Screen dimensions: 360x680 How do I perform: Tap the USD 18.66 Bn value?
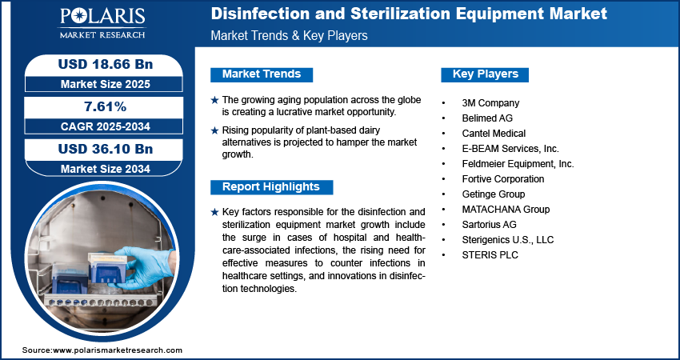(x=99, y=64)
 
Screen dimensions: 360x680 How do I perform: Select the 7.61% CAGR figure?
(x=99, y=106)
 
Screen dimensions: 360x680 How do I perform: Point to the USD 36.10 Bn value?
(x=99, y=149)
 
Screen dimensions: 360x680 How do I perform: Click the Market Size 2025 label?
(x=99, y=83)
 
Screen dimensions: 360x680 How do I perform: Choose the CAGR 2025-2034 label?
(x=99, y=126)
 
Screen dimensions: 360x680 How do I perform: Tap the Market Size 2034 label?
(x=99, y=168)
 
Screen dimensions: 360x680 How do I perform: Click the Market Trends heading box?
(x=261, y=74)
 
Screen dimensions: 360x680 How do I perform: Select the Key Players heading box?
(x=485, y=74)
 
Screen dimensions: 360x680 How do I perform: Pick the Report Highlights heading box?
(x=271, y=187)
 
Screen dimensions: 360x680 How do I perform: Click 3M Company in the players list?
(x=490, y=103)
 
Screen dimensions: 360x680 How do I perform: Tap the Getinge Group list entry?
(x=494, y=194)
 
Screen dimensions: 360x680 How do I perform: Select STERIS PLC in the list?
(x=490, y=255)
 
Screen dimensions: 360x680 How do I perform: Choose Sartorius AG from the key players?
(x=489, y=225)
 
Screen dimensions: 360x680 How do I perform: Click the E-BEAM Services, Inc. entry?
(x=510, y=149)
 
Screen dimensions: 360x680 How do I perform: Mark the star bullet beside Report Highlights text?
(x=214, y=212)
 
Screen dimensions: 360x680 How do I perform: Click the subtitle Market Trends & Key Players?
(x=289, y=36)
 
